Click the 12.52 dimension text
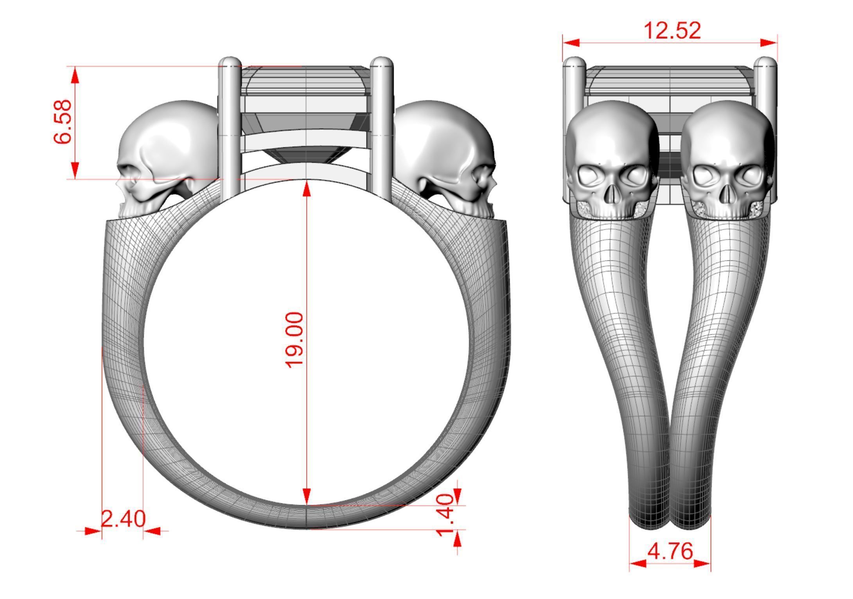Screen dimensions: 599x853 point(672,30)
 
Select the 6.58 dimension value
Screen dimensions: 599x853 point(63,122)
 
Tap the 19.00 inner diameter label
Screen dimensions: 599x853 point(295,340)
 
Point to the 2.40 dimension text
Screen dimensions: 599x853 point(123,519)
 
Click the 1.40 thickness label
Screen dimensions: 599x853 point(445,515)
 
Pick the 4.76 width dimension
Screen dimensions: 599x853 point(670,552)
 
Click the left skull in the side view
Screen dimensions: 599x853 point(166,156)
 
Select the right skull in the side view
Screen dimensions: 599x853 point(446,156)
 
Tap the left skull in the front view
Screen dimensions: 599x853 point(612,160)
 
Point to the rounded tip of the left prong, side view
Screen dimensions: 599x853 point(230,62)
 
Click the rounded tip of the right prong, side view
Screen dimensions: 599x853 point(382,62)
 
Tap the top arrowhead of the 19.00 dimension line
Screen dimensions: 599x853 point(307,188)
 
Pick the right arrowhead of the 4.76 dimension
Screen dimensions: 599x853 point(702,563)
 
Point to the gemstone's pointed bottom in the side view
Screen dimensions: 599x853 point(306,162)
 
